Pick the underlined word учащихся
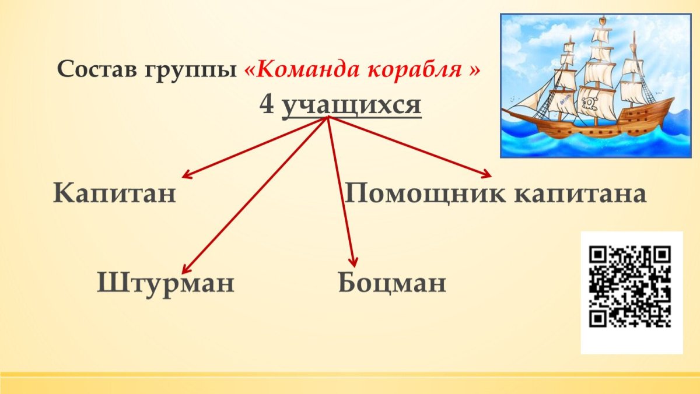pyautogui.click(x=351, y=105)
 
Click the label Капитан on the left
pyautogui.click(x=114, y=193)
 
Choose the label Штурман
pyautogui.click(x=166, y=283)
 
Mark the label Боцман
pyautogui.click(x=392, y=283)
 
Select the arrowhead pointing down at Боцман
pyautogui.click(x=352, y=263)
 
